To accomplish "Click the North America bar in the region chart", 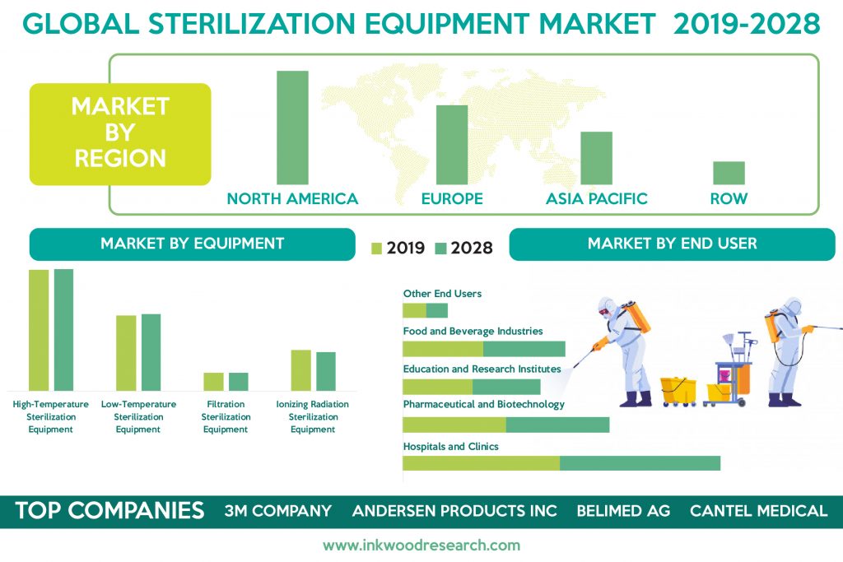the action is coord(292,128).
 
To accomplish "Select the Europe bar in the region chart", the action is coord(452,145).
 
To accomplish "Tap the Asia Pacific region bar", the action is coord(596,158).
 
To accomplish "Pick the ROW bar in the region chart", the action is coord(729,173).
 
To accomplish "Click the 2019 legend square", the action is coord(376,248).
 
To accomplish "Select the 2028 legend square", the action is coord(441,248).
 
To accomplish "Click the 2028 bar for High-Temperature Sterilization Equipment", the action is coord(64,330).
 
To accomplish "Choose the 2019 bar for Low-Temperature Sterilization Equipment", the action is coord(126,353).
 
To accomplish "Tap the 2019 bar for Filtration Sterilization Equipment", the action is coord(213,382).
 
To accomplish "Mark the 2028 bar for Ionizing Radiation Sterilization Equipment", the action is coord(326,371).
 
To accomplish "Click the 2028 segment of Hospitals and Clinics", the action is coord(640,463).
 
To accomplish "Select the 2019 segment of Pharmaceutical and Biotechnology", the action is coord(454,425).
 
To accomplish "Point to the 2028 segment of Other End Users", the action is coord(436,310).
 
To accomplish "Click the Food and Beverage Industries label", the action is coord(473,331).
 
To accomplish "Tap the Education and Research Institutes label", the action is coord(482,369).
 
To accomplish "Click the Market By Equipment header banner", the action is coord(193,244).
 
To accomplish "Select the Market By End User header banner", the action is coord(672,244).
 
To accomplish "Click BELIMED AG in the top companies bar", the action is coord(623,510).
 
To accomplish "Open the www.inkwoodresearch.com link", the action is coord(421,546).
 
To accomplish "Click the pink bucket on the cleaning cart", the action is coord(723,375).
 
